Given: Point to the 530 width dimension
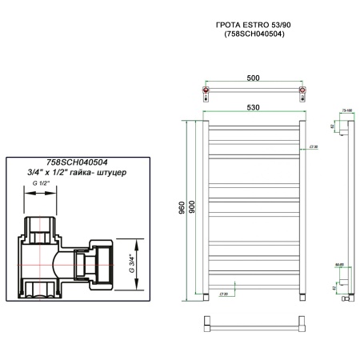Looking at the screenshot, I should point(254,107).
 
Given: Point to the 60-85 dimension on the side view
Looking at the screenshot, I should point(338,264).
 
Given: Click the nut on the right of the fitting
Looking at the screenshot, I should point(102,263).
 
